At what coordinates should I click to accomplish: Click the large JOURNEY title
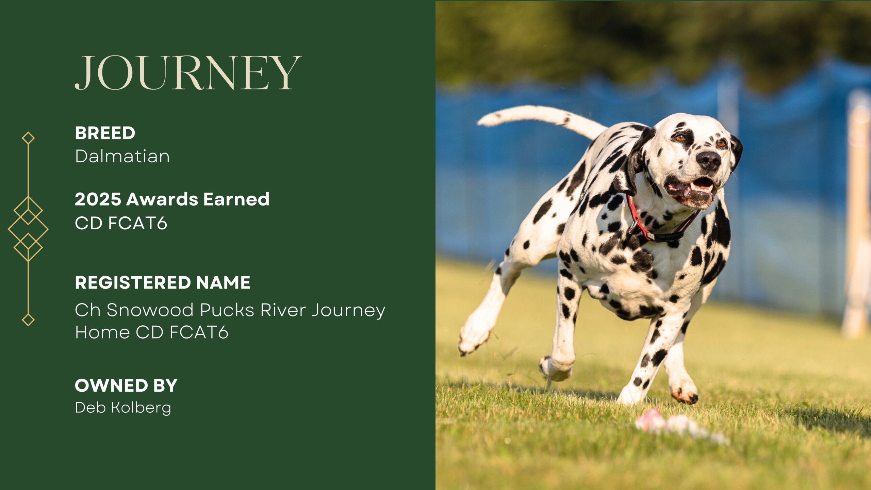click(188, 73)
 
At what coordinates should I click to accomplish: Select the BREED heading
click(105, 133)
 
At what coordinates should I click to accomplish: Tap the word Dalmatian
click(122, 156)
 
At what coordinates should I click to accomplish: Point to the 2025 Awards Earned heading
click(172, 199)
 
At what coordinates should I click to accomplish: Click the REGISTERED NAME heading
click(163, 282)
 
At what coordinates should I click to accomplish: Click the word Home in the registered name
click(102, 332)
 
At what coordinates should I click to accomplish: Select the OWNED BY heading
click(126, 386)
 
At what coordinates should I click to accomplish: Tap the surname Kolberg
click(141, 408)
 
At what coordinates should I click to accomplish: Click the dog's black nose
click(708, 160)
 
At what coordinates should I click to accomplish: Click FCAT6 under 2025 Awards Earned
click(138, 223)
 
